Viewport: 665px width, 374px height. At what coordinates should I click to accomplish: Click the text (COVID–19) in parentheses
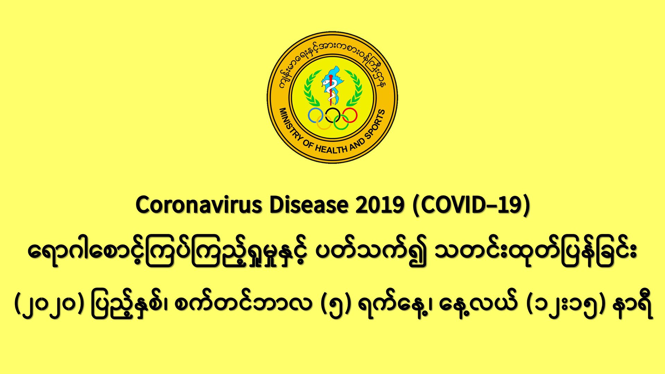(x=471, y=206)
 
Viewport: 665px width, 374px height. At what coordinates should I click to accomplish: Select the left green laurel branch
(x=311, y=88)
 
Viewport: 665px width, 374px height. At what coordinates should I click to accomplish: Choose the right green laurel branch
(x=354, y=88)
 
